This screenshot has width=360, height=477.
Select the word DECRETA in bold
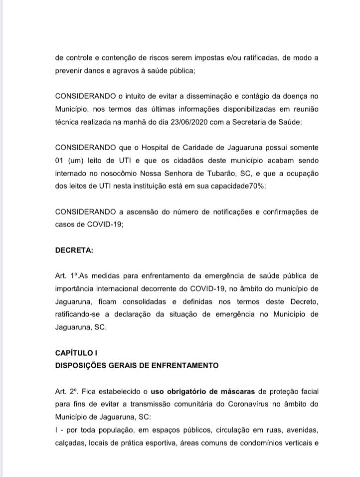click(x=74, y=250)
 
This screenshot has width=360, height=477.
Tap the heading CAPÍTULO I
click(x=76, y=353)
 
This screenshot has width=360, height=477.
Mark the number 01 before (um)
click(x=59, y=161)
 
